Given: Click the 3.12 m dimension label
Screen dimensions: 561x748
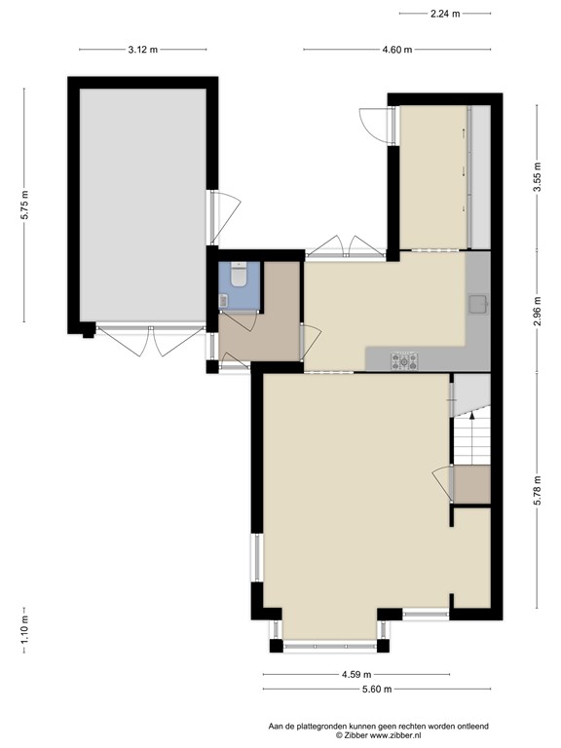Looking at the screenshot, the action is coord(142,50).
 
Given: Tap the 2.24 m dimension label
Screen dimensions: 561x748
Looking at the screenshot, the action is coord(445,14).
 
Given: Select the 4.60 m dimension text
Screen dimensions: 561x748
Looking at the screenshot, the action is coord(397,50).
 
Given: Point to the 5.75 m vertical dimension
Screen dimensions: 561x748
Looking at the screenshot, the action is coord(24,206).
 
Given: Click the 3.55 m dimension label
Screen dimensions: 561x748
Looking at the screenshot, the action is coord(538,177).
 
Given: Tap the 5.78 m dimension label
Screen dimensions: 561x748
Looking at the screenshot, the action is coord(538,491).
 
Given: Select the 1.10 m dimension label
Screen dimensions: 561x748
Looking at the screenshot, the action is coord(24,630).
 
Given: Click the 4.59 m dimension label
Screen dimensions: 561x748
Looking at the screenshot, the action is coord(356,675).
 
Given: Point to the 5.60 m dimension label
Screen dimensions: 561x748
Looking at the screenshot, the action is coord(377,689).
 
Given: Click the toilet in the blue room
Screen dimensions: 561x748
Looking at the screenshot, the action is coord(239,275).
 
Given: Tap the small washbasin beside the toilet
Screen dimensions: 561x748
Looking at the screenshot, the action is coord(223,300).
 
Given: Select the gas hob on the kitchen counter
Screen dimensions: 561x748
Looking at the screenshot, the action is coord(404,360).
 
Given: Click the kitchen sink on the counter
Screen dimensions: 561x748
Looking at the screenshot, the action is coord(478,304).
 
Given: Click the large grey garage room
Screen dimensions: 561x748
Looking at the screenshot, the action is coord(143,206).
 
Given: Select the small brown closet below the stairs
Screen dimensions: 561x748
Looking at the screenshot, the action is coord(472,484).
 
